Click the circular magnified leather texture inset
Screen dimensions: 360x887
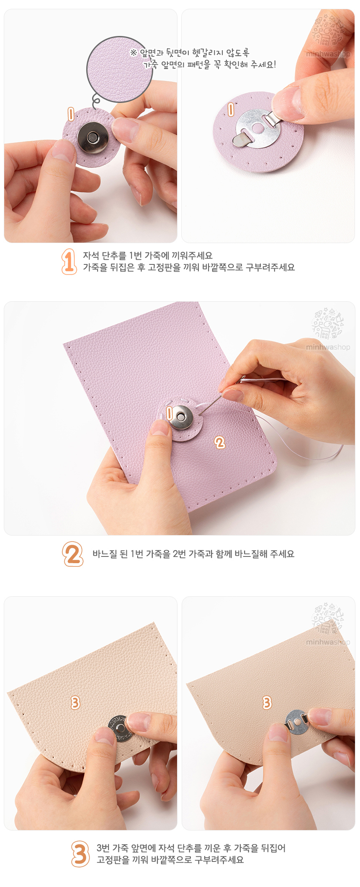coord(119,69)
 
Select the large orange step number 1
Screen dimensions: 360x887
coord(69,261)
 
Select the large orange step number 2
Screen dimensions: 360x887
coord(73,554)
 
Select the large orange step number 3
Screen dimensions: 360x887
coord(80,854)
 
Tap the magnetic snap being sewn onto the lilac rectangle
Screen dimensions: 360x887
coord(180,418)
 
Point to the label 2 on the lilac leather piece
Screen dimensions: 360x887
coord(220,442)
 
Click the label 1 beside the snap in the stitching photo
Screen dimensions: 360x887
coord(169,413)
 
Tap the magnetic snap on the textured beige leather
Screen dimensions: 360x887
coord(119,728)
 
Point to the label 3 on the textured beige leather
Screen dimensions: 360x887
coord(75,702)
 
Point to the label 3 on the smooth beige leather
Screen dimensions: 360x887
coord(267,702)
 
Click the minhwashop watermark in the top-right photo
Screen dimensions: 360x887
coord(328,54)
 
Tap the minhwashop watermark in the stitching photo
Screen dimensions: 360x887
coord(328,347)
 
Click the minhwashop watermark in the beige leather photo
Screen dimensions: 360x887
coord(328,642)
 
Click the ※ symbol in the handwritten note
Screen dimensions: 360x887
coord(134,52)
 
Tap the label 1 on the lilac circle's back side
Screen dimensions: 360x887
coord(231,110)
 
